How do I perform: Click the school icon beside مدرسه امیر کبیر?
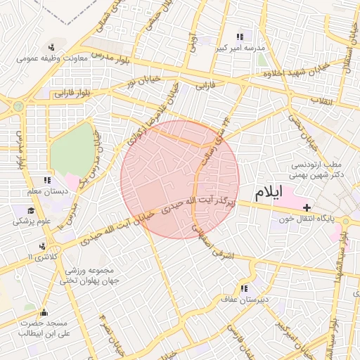(x=240, y=36)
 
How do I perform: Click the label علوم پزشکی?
(x=32, y=221)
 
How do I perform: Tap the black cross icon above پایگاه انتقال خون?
(x=307, y=207)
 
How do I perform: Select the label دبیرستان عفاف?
(x=243, y=299)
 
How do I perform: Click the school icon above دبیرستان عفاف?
(x=244, y=288)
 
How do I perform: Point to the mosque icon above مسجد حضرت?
(x=44, y=313)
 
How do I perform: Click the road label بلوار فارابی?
(x=75, y=91)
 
